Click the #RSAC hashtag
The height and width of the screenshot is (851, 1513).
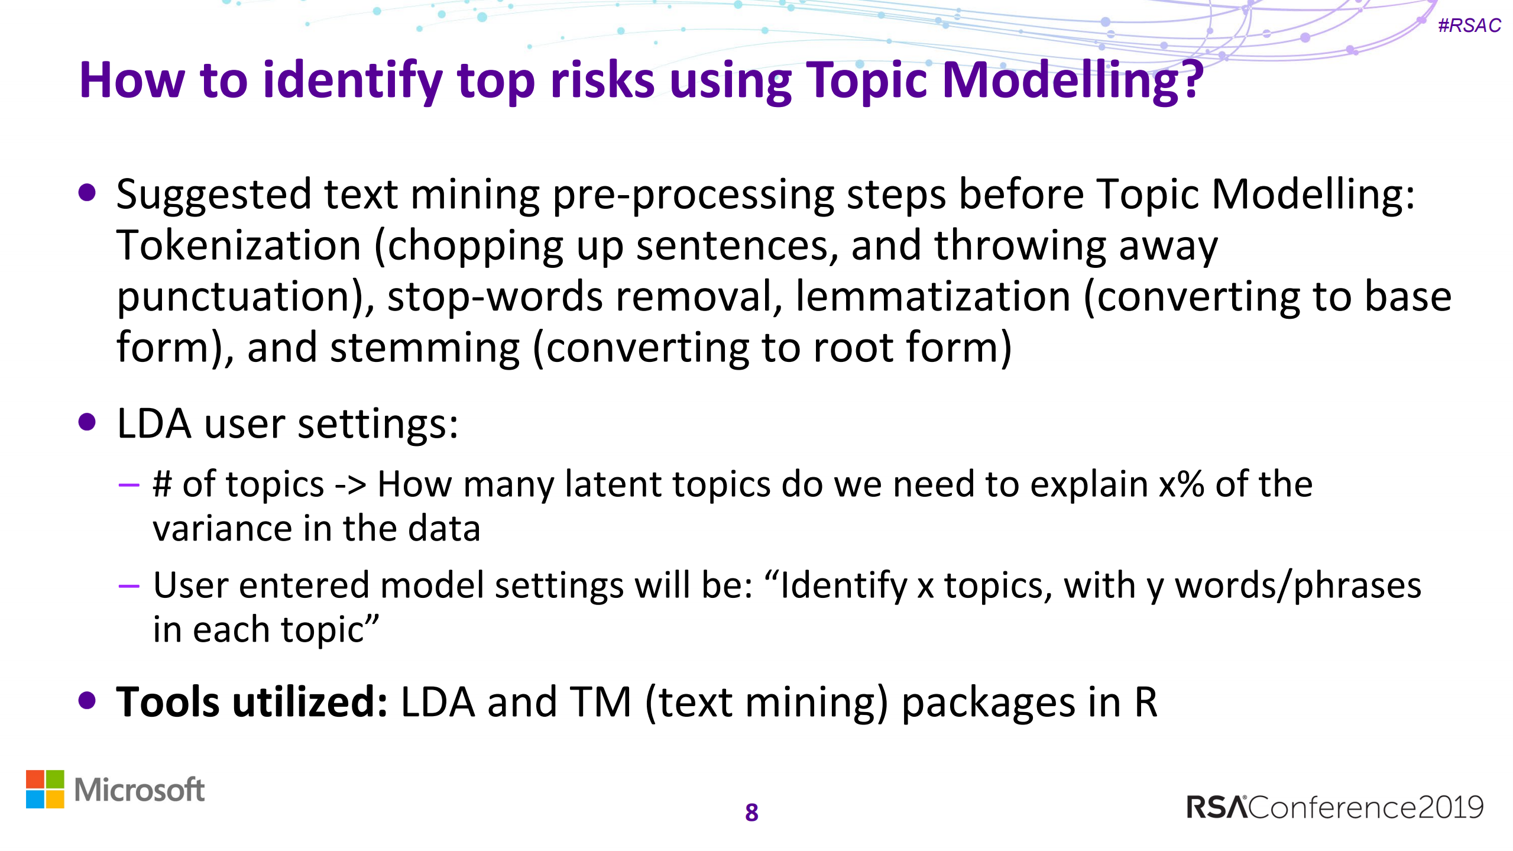tap(1469, 25)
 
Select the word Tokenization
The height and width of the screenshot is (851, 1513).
tap(238, 245)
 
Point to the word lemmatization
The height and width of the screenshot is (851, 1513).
tap(933, 296)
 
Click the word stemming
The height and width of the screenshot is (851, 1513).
tap(425, 348)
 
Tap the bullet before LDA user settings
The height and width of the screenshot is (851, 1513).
tap(87, 422)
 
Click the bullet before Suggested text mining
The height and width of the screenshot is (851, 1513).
tap(87, 193)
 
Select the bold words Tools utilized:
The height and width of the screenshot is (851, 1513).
tap(252, 702)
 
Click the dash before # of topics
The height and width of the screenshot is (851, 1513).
tap(128, 486)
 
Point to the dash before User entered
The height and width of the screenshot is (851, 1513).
tap(128, 587)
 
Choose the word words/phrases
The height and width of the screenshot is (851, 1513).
tap(1297, 585)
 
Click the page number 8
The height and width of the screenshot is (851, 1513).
tap(751, 813)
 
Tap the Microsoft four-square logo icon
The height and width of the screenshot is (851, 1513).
tap(45, 789)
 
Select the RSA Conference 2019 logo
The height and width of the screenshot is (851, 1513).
tap(1334, 807)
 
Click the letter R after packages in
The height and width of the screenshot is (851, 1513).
tap(1145, 703)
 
